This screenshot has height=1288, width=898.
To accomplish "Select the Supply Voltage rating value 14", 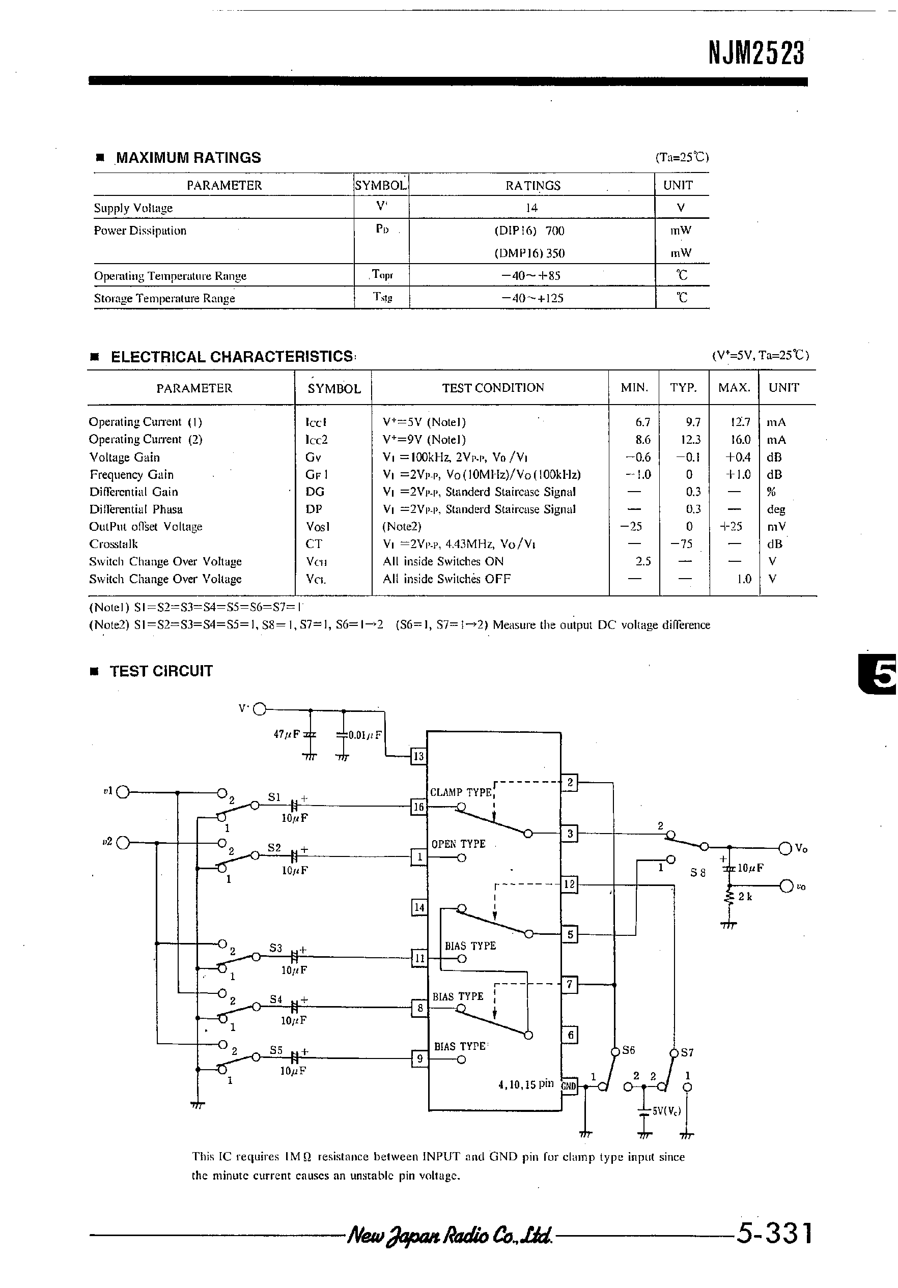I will pyautogui.click(x=531, y=208).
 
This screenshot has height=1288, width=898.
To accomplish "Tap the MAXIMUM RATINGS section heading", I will pyautogui.click(x=188, y=158).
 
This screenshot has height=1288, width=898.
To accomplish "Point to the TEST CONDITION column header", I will pyautogui.click(x=493, y=388).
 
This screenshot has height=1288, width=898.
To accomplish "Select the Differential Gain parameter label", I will pyautogui.click(x=133, y=492).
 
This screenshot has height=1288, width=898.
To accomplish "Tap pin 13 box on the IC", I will pyautogui.click(x=418, y=756).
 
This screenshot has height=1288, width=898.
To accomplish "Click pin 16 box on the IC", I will pyautogui.click(x=418, y=807).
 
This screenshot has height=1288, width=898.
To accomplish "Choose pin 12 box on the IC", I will pyautogui.click(x=569, y=884).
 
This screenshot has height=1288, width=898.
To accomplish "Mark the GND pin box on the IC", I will pyautogui.click(x=569, y=1085).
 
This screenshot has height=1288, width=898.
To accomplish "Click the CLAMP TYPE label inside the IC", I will pyautogui.click(x=461, y=792).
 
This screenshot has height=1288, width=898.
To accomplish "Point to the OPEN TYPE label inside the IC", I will pyautogui.click(x=458, y=844).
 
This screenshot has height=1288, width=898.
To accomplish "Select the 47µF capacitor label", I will pyautogui.click(x=287, y=734).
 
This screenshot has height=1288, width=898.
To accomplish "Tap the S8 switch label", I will pyautogui.click(x=697, y=873).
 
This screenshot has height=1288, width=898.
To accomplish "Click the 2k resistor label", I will pyautogui.click(x=745, y=897).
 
